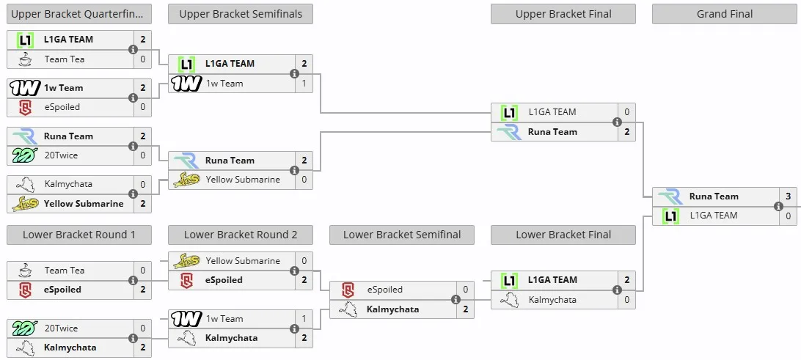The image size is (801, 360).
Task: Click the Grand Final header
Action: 725,15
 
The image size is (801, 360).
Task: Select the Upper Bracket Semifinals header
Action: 241,15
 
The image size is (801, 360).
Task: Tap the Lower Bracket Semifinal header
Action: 402,235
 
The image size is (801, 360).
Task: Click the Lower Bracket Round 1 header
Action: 79,235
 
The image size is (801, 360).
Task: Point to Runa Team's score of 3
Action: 789,196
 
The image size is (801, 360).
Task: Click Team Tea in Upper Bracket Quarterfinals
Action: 65,59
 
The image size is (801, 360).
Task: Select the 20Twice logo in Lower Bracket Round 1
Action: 24,328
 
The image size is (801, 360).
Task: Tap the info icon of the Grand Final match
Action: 778,206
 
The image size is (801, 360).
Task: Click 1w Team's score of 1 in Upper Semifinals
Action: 304,84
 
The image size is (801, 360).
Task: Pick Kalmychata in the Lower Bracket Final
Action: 552,300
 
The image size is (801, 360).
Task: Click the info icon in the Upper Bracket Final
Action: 617,122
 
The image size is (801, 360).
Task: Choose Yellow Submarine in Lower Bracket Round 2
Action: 243,261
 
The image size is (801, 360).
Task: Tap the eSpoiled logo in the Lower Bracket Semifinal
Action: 348,290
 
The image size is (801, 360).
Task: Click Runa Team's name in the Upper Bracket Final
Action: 552,132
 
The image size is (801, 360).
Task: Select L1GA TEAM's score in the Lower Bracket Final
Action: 627,280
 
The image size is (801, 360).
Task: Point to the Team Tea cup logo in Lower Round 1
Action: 24,271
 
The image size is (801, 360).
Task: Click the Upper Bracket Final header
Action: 563,15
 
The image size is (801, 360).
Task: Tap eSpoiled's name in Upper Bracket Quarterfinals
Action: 62,107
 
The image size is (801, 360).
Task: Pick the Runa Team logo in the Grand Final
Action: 670,196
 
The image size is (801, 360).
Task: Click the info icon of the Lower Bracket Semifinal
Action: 456,300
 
